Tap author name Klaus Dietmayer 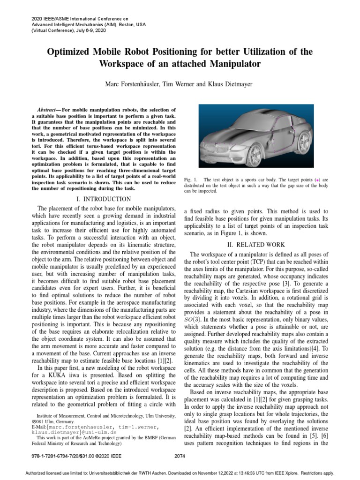223,84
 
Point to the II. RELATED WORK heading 256,244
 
